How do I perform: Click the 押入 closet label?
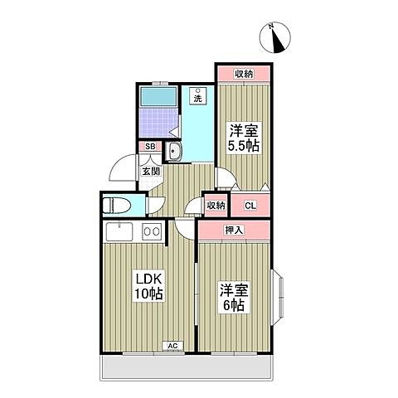pos(234,229)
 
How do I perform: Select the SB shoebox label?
pos(150,147)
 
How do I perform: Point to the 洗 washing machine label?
pos(198,98)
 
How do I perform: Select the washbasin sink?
pos(175,151)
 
